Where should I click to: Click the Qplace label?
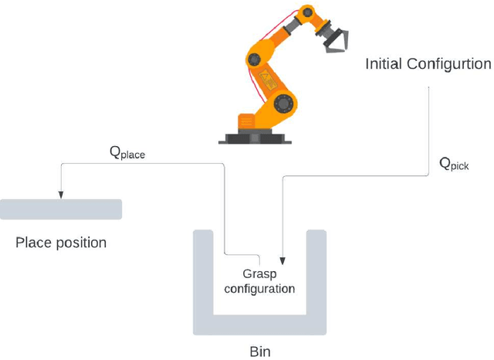(x=127, y=153)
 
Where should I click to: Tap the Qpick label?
(x=454, y=164)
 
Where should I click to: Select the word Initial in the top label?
(x=384, y=64)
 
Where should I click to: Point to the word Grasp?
(x=259, y=274)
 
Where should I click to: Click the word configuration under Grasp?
(x=259, y=289)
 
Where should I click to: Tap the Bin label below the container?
(x=259, y=352)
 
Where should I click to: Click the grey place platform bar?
(x=61, y=209)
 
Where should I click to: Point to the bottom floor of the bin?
(x=259, y=324)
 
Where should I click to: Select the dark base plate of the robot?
(x=255, y=139)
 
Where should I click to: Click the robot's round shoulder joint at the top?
(x=307, y=15)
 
